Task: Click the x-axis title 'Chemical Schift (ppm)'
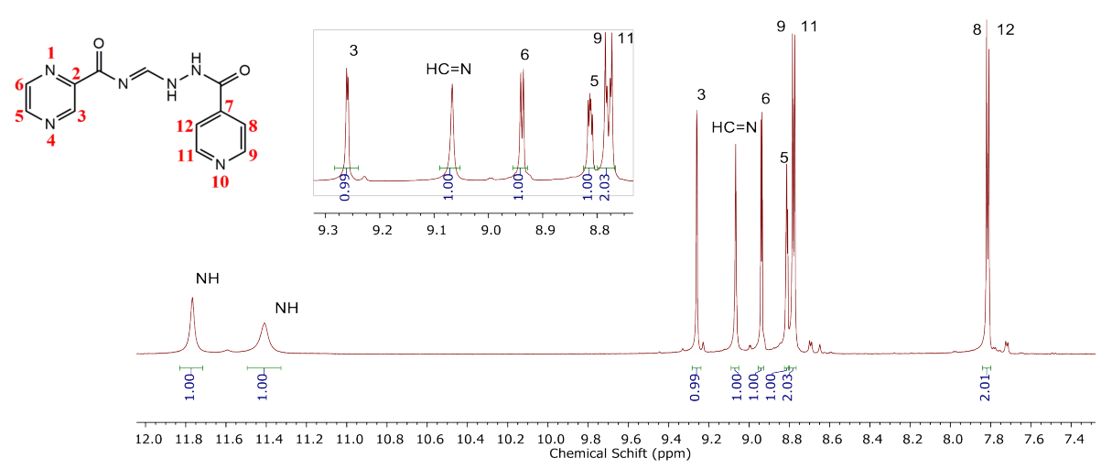(x=606, y=454)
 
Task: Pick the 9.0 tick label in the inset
(x=490, y=228)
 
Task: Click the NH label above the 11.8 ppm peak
(x=207, y=278)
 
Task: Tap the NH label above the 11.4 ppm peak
(x=286, y=309)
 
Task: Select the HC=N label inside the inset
(x=448, y=69)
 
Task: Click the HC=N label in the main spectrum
(x=734, y=127)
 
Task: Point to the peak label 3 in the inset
(x=354, y=51)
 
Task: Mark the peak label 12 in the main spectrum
(x=1005, y=30)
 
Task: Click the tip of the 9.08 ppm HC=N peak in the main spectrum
(x=735, y=145)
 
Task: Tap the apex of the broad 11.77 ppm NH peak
(x=192, y=298)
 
